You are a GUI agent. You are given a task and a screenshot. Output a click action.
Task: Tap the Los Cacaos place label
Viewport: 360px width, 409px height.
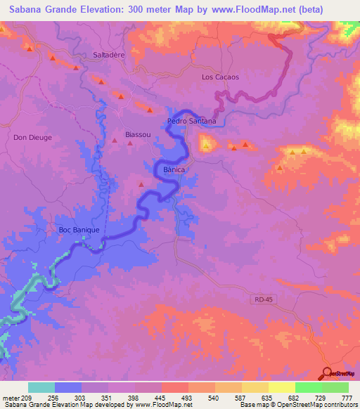[x=220, y=77]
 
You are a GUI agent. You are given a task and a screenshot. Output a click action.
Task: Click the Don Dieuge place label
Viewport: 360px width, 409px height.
[x=32, y=138]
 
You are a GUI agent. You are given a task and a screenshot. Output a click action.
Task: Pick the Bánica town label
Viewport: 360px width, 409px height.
[x=174, y=170]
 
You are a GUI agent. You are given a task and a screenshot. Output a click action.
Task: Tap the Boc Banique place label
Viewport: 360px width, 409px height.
[x=79, y=230]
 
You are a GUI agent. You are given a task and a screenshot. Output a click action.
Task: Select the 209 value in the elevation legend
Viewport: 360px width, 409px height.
[x=24, y=397]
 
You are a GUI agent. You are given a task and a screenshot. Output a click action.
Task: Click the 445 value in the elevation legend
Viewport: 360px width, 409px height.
[x=160, y=397]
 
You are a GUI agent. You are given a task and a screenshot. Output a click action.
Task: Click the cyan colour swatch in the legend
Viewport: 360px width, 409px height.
[x=41, y=387]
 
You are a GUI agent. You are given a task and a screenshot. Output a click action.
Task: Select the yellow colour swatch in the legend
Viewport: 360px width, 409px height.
[x=282, y=387]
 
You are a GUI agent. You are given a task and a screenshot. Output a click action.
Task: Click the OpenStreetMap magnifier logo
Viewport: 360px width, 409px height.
[x=328, y=373]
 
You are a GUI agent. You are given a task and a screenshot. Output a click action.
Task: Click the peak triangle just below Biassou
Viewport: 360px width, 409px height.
[x=130, y=144]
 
